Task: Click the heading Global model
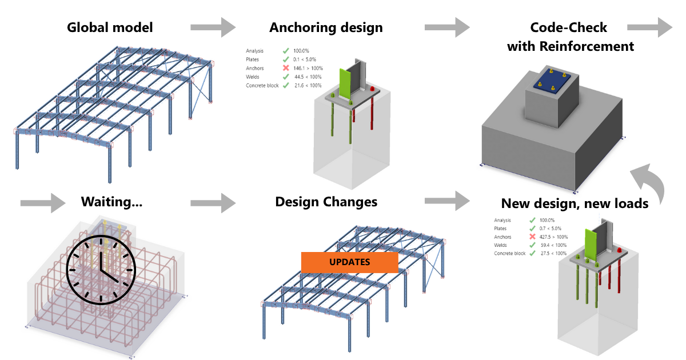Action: tap(110, 27)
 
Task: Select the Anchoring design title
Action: tap(326, 27)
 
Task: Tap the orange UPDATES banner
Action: tap(349, 262)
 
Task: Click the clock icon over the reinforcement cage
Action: tap(101, 262)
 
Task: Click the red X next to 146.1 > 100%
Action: tap(285, 68)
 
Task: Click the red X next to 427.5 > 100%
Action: tap(532, 237)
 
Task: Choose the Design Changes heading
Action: tap(326, 202)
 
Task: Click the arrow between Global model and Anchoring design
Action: tap(213, 26)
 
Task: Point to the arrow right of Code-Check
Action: tap(650, 26)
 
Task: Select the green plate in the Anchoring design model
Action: tap(345, 84)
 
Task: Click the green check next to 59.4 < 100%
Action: tap(532, 245)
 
